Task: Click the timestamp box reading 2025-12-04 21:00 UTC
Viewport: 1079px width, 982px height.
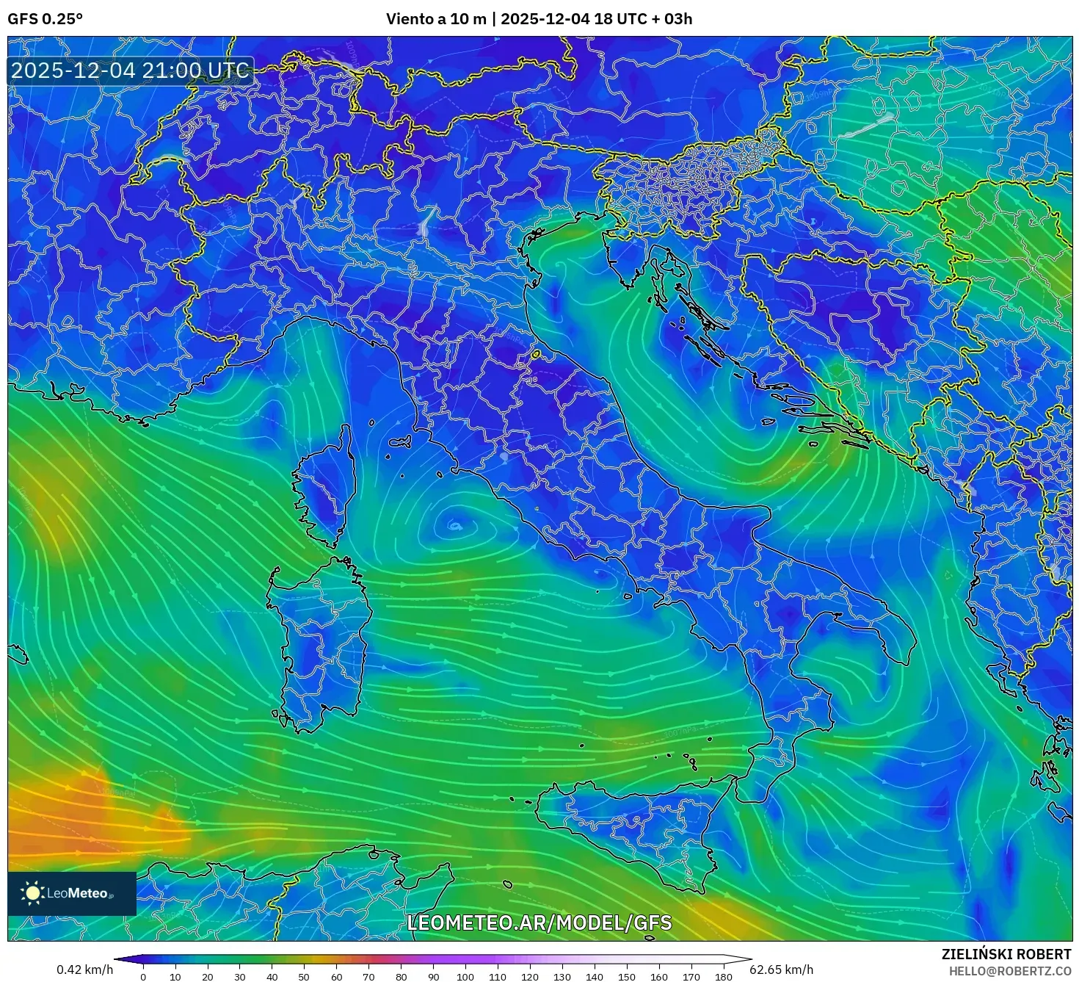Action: (131, 71)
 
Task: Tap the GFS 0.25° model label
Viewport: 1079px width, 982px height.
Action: (45, 19)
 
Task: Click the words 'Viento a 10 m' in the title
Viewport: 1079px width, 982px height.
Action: (436, 19)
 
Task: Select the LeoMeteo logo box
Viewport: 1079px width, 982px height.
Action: (72, 893)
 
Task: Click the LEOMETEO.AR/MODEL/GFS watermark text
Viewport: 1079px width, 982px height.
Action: (539, 923)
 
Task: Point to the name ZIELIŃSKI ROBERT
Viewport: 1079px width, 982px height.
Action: (1006, 954)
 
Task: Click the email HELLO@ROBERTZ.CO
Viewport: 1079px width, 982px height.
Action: (1010, 971)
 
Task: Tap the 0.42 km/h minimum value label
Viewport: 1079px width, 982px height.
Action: (85, 970)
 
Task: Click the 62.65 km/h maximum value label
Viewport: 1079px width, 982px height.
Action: (781, 970)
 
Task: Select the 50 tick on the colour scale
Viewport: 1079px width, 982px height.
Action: (304, 977)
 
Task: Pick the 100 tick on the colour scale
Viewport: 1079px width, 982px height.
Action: (465, 977)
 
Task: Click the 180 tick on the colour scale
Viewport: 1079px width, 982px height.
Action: (723, 977)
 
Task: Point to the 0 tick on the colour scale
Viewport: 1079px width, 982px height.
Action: (143, 977)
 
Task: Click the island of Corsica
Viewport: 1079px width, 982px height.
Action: (325, 492)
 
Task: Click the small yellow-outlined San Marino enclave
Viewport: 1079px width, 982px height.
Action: (536, 355)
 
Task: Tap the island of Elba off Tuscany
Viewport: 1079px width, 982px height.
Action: (400, 443)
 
